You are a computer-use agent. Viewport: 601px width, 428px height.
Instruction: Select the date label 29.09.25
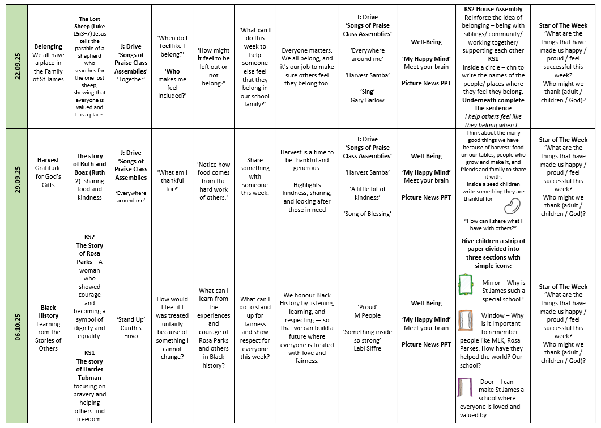pos(16,180)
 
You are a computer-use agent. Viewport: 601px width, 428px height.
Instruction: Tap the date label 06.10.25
pos(16,327)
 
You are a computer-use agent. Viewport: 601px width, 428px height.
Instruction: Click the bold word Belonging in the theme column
pos(49,46)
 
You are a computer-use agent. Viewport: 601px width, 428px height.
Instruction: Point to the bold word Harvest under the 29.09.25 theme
pos(49,160)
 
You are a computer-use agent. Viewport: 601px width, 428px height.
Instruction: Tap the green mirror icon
pos(466,284)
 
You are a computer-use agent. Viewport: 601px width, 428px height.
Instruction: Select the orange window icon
pos(466,320)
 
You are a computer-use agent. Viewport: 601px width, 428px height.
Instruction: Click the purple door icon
pos(465,388)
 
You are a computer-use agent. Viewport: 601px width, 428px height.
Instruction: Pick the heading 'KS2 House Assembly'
pos(493,9)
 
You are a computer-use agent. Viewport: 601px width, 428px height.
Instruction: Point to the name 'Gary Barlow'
pos(367,100)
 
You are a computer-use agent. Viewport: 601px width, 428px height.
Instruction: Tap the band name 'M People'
pos(367,315)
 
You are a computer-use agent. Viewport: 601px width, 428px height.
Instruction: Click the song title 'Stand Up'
pos(131,319)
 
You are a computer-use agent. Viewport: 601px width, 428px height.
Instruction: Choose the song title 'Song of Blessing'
pos(367,214)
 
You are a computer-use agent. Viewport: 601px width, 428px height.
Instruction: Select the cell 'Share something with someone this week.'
pos(255,176)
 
